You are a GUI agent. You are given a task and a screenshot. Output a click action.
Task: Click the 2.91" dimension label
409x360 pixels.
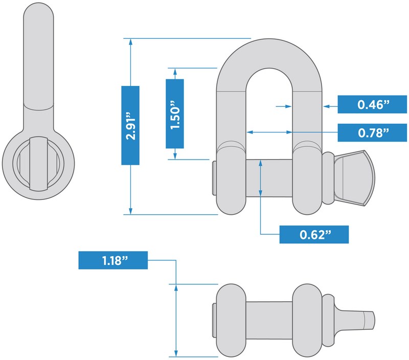(x=130, y=125)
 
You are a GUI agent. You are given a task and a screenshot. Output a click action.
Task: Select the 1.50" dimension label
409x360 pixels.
(x=175, y=113)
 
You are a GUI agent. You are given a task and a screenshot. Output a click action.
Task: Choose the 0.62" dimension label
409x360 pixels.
(x=314, y=235)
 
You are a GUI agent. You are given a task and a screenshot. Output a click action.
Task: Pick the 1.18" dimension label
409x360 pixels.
(x=112, y=260)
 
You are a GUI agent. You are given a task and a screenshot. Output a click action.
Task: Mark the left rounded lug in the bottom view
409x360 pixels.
(x=231, y=320)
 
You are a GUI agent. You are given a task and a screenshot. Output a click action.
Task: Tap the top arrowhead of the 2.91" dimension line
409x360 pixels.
(x=131, y=41)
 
